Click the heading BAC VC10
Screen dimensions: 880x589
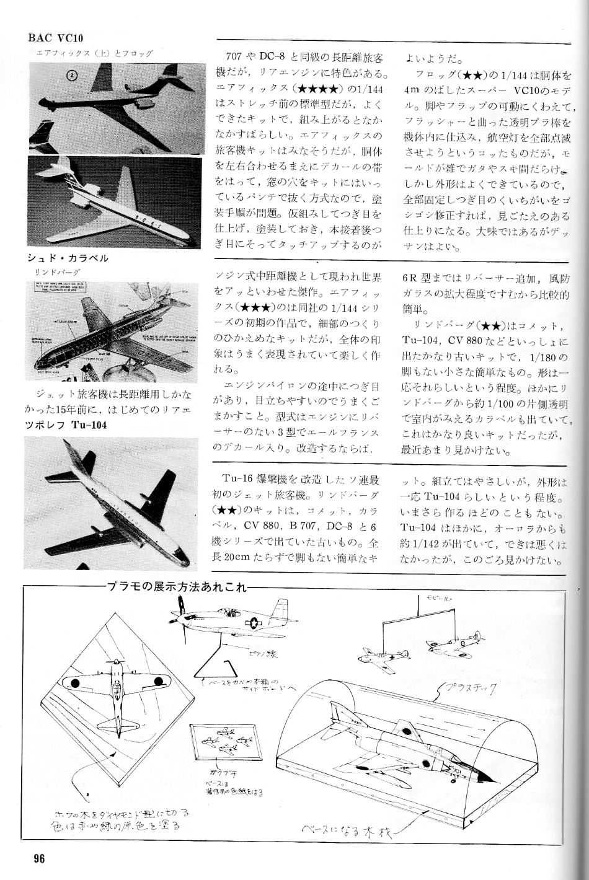pos(55,38)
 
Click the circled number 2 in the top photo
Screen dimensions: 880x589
pos(73,76)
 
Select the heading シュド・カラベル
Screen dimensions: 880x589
pos(68,258)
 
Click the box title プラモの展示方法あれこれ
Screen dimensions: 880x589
pos(175,586)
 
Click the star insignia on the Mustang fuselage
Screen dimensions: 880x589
pos(255,623)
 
